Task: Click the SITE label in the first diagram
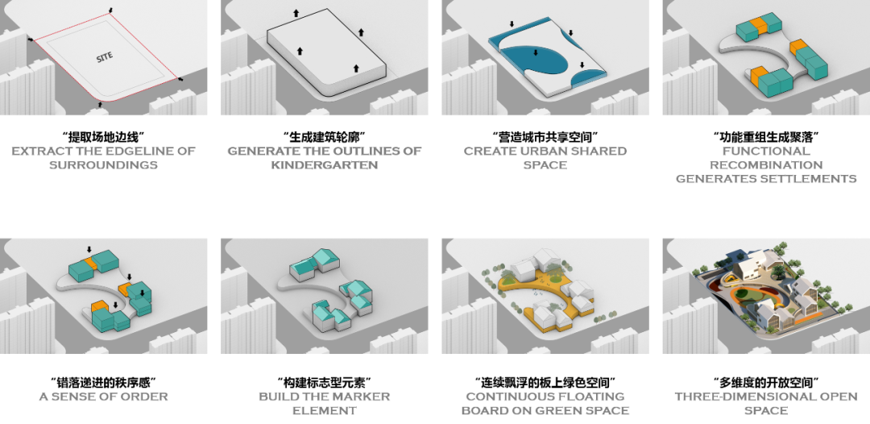pos(105,56)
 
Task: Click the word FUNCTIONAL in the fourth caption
pos(766,151)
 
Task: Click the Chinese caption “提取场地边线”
pos(104,136)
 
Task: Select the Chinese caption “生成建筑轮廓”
pos(324,136)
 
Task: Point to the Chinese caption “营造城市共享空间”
pos(545,136)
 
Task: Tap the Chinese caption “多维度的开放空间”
pos(766,382)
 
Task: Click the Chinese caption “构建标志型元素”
pos(324,382)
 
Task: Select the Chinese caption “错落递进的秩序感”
pos(104,382)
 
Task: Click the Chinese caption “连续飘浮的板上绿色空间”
pos(545,382)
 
